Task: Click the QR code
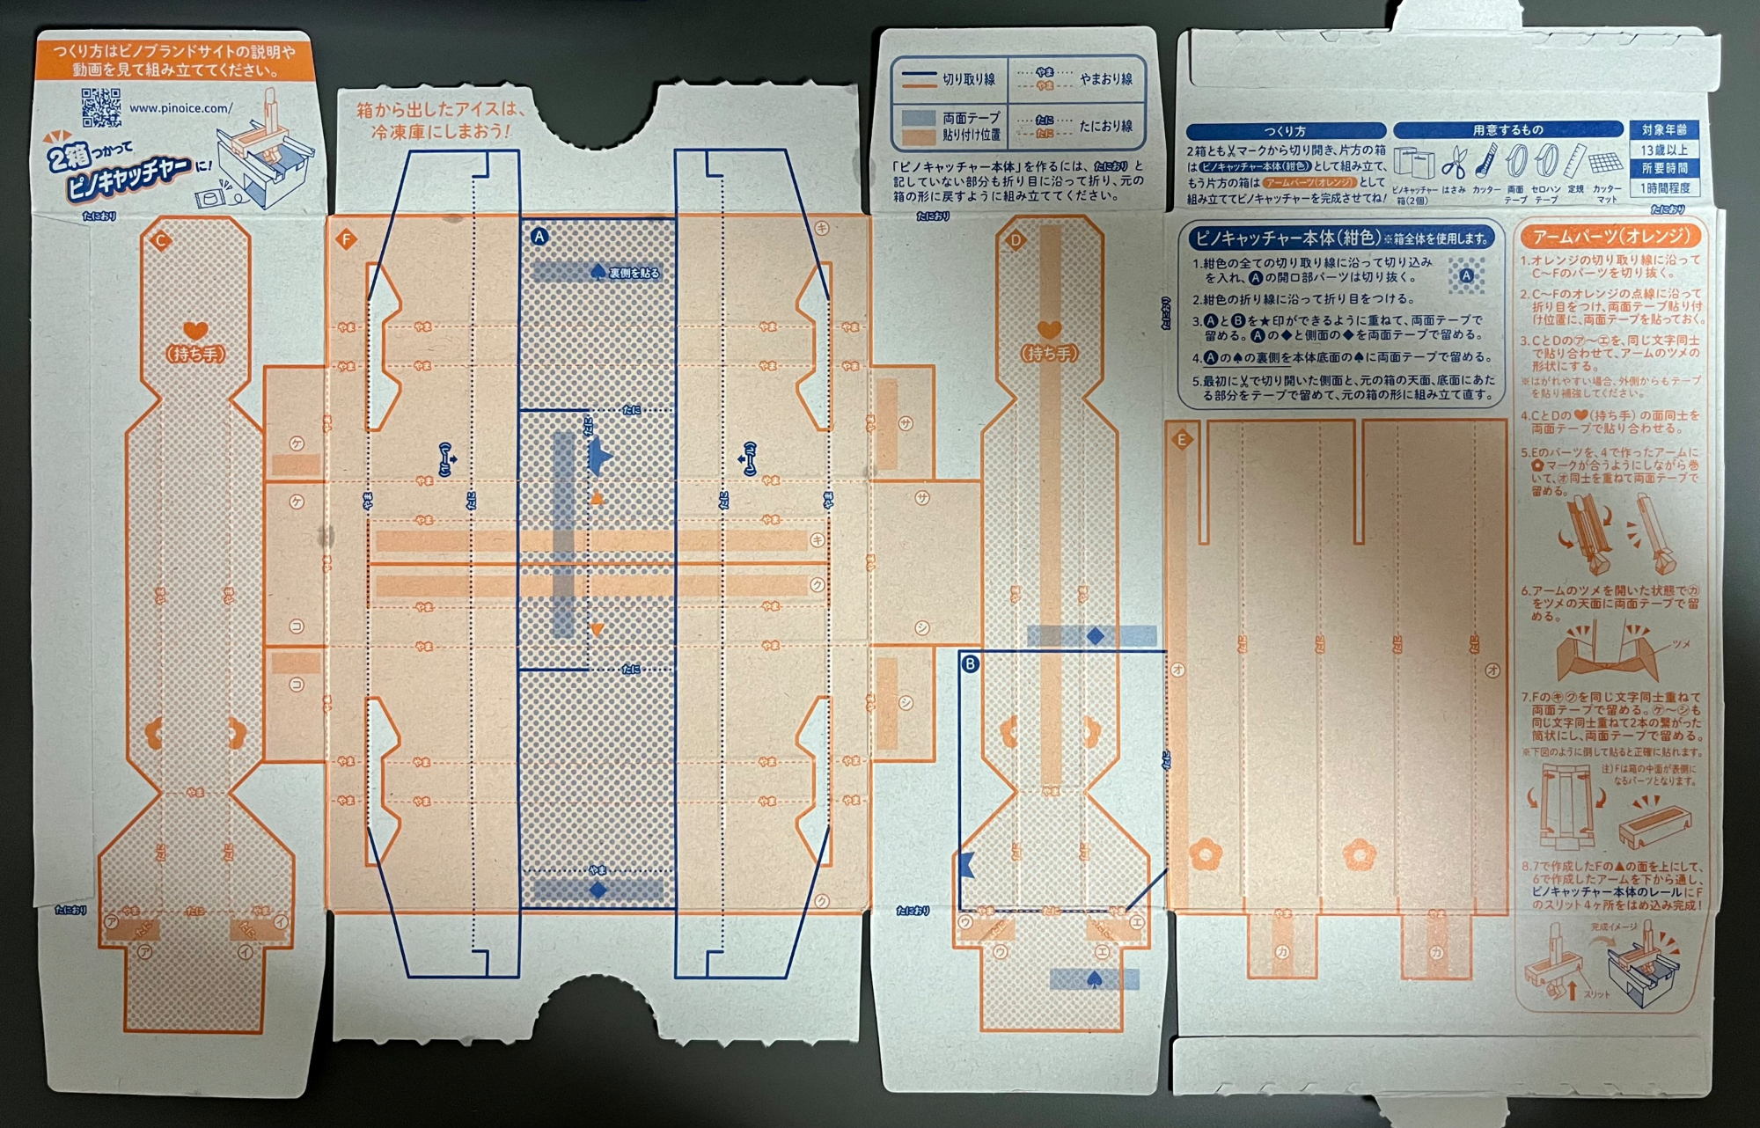[x=101, y=107]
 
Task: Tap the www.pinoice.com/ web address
[x=181, y=108]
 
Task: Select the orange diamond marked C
[x=160, y=240]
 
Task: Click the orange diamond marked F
[x=346, y=239]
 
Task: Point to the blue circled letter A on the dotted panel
[x=539, y=236]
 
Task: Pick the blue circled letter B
[x=970, y=663]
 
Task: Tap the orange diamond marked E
[x=1182, y=439]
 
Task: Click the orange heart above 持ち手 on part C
[x=195, y=332]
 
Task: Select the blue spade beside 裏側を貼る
[x=598, y=271]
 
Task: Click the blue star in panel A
[x=602, y=457]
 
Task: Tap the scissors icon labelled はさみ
[x=1456, y=164]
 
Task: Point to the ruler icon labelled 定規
[x=1576, y=163]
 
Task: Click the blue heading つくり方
[x=1284, y=131]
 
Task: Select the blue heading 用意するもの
[x=1507, y=130]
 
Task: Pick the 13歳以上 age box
[x=1664, y=150]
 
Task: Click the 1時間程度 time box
[x=1664, y=188]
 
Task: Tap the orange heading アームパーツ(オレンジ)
[x=1610, y=237]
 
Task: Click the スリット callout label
[x=1595, y=994]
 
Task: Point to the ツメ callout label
[x=1680, y=644]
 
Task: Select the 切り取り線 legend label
[x=969, y=79]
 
